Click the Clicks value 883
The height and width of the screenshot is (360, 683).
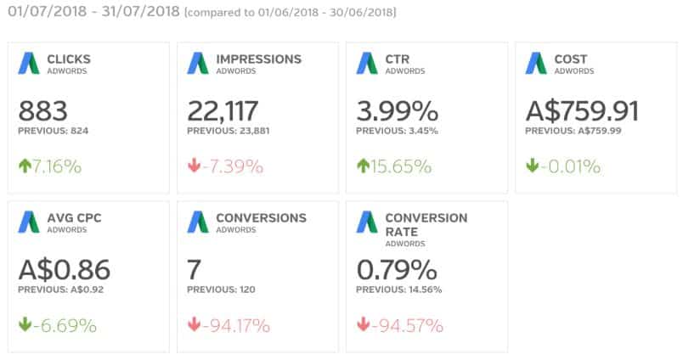[43, 111]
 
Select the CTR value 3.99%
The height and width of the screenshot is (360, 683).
[397, 111]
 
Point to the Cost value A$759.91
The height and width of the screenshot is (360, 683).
[582, 111]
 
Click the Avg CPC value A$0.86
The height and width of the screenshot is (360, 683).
[64, 271]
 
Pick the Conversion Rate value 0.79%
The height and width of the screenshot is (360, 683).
[397, 271]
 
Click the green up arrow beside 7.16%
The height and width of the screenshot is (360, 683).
[25, 166]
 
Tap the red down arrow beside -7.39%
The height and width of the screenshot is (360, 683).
[195, 166]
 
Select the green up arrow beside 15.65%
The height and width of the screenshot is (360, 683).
[364, 166]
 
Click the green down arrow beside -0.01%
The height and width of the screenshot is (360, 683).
[533, 166]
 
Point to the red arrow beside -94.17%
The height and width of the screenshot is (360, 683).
[195, 326]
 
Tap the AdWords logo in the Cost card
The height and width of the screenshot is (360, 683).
[535, 63]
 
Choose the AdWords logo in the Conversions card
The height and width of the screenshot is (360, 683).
[198, 222]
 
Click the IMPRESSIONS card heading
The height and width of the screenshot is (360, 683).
[258, 59]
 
